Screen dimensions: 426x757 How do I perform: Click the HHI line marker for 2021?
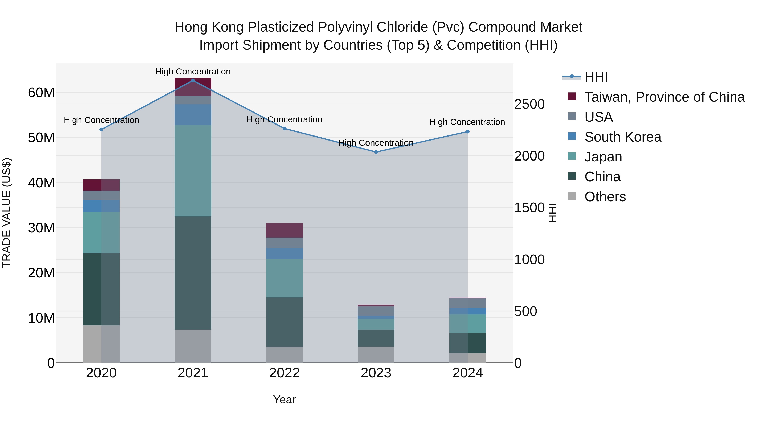pyautogui.click(x=193, y=81)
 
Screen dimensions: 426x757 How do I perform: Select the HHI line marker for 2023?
pyautogui.click(x=376, y=152)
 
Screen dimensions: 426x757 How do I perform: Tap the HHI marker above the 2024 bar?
pyautogui.click(x=467, y=132)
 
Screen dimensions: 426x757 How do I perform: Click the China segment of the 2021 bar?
pyautogui.click(x=193, y=273)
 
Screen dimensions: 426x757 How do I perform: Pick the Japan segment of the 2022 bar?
pyautogui.click(x=285, y=278)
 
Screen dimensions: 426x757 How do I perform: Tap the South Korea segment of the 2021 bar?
pyautogui.click(x=193, y=115)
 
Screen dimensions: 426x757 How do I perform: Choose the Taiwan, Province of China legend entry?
pyautogui.click(x=664, y=97)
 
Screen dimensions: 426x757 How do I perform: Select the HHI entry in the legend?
pyautogui.click(x=596, y=77)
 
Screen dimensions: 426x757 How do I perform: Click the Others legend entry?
pyautogui.click(x=605, y=197)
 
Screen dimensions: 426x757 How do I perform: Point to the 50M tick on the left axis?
pyautogui.click(x=41, y=138)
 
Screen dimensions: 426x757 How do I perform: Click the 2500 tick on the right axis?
pyautogui.click(x=529, y=104)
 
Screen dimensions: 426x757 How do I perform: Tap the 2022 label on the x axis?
pyautogui.click(x=285, y=373)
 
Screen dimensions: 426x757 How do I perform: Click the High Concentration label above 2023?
pyautogui.click(x=376, y=143)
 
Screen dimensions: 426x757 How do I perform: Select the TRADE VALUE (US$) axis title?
pyautogui.click(x=7, y=213)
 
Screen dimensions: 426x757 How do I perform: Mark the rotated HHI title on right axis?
pyautogui.click(x=552, y=213)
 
